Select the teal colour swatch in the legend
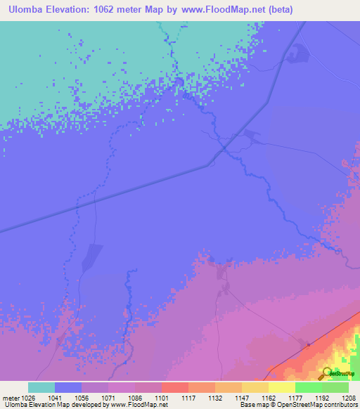[41, 387]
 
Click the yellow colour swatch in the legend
[281, 387]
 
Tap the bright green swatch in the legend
[308, 387]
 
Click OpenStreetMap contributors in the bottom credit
[315, 405]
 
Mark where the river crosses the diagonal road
[224, 148]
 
